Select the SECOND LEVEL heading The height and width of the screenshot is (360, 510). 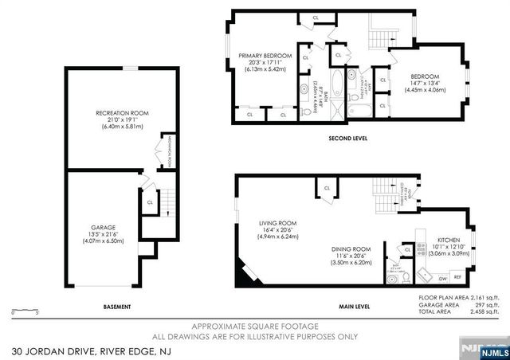pyautogui.click(x=347, y=138)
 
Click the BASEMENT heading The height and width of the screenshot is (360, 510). pyautogui.click(x=116, y=307)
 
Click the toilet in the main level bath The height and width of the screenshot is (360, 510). pyautogui.click(x=405, y=277)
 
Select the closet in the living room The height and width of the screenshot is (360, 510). pyautogui.click(x=327, y=189)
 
